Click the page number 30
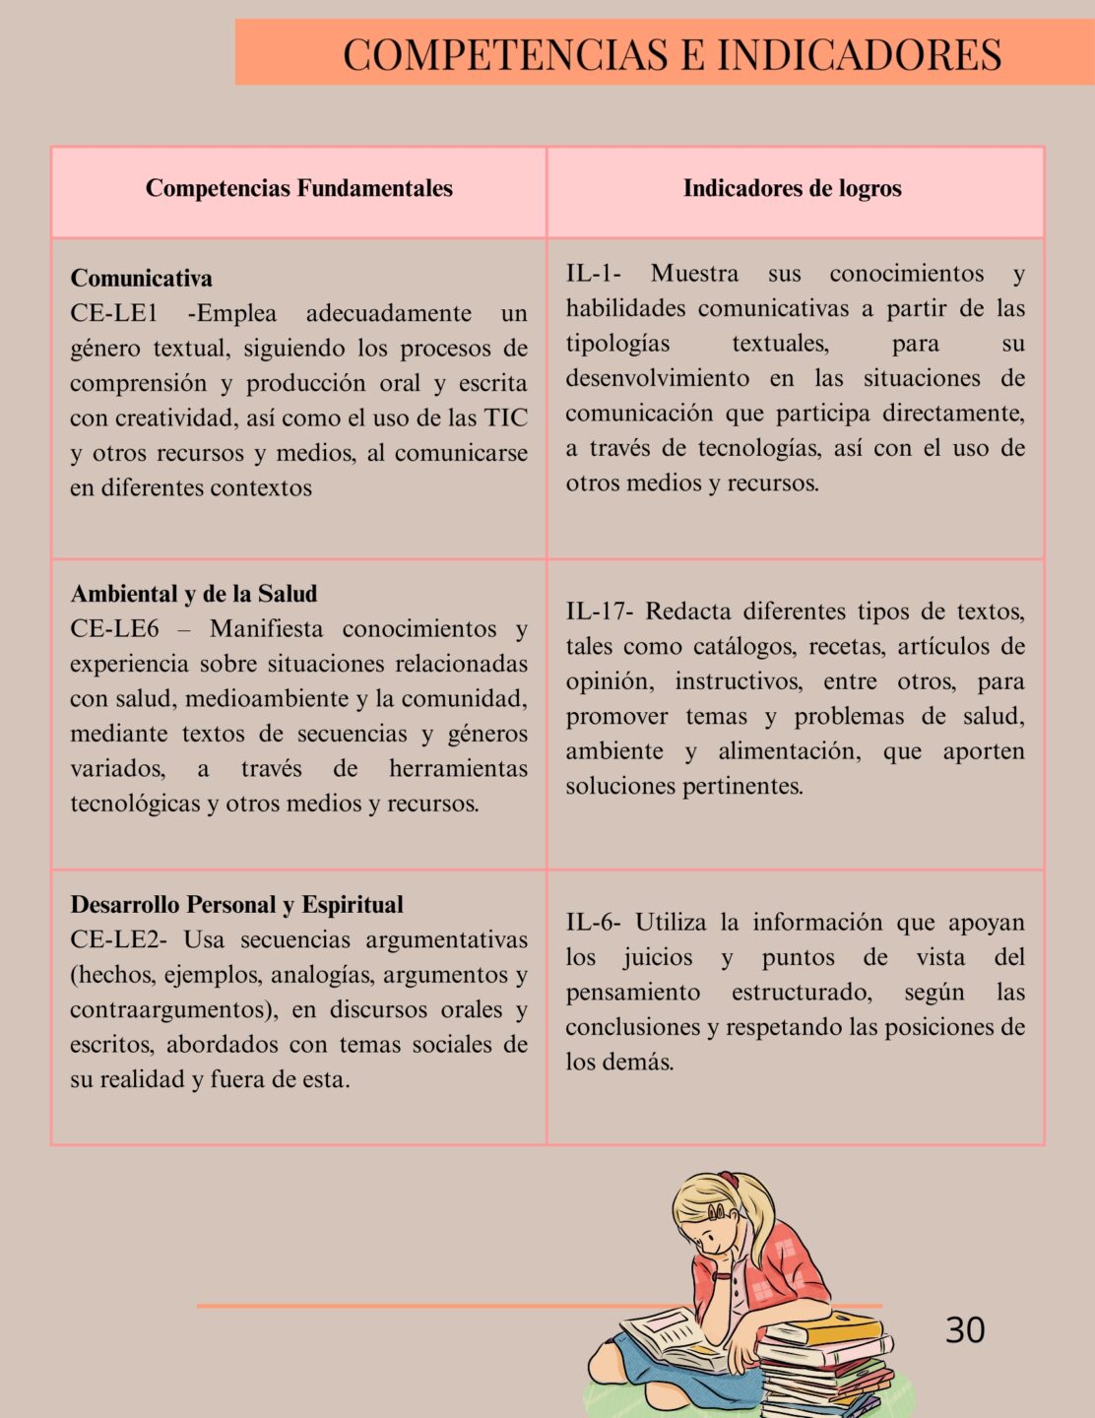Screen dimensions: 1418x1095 coord(964,1330)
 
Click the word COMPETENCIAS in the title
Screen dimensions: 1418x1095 coord(505,55)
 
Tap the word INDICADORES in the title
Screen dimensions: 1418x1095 coord(859,55)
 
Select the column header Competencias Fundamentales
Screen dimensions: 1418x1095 coord(298,189)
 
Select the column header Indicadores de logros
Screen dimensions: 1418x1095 coord(792,189)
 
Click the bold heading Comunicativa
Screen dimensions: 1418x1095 coord(141,279)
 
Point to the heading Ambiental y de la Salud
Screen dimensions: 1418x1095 coord(193,594)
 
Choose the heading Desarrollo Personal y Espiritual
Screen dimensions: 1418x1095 coord(236,905)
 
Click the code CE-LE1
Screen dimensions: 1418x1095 coord(113,314)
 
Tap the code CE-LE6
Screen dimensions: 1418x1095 coord(113,629)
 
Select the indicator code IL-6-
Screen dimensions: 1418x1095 coord(593,924)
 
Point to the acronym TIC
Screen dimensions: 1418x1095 coord(505,419)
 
